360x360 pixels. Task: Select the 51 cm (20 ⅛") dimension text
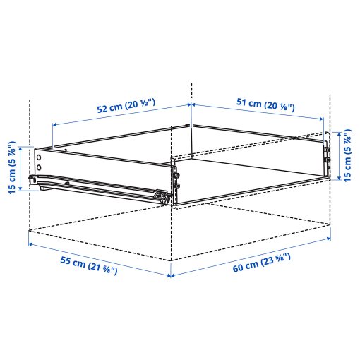click(x=261, y=106)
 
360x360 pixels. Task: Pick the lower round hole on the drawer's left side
click(x=40, y=168)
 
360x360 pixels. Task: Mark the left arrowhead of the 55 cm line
click(x=30, y=244)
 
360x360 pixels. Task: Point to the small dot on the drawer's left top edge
click(x=66, y=150)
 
